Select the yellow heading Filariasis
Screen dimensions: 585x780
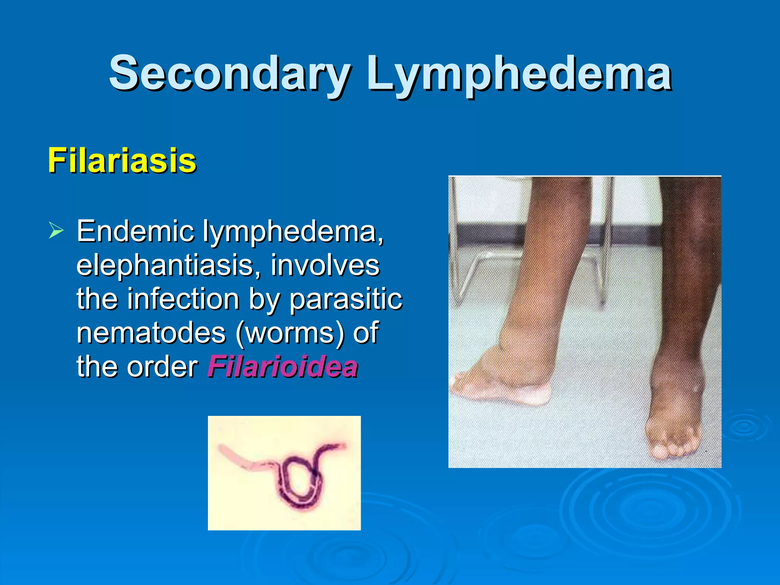122,161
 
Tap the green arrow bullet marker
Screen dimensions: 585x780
56,231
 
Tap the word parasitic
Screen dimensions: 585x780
345,299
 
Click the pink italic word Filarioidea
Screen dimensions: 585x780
283,366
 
